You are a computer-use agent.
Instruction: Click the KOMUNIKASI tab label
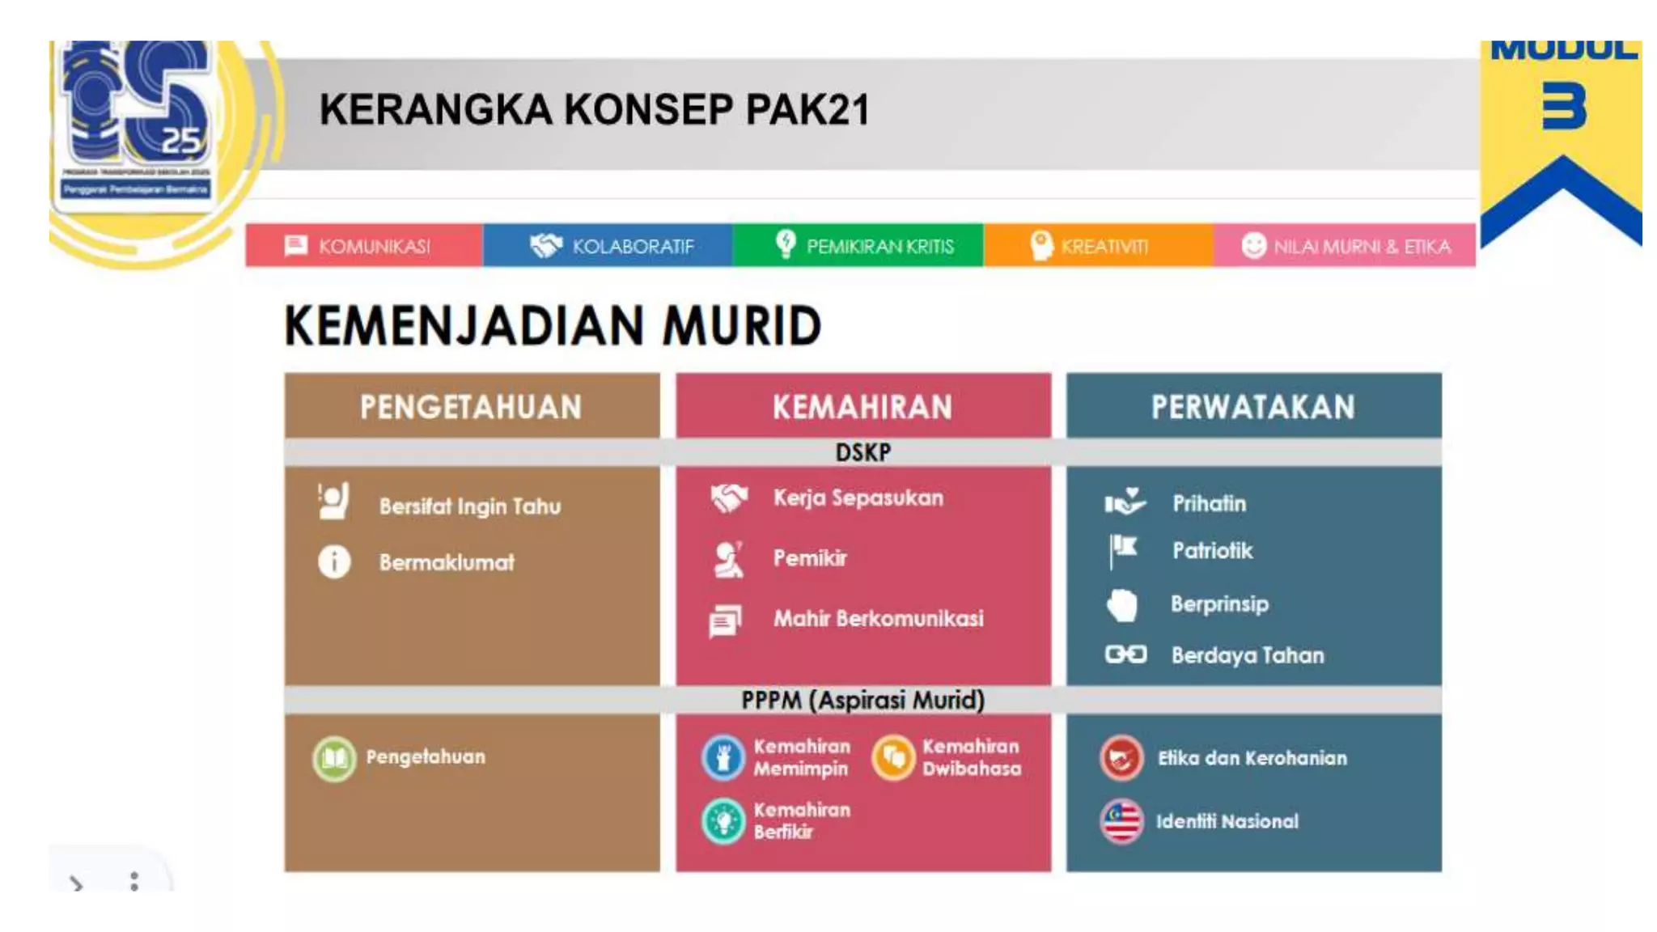click(374, 246)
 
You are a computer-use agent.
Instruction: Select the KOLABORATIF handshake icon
click(546, 245)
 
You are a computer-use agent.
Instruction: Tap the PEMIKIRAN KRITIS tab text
click(880, 246)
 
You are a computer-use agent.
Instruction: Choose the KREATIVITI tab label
click(1104, 246)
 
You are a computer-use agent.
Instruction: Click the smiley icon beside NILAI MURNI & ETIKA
click(1253, 245)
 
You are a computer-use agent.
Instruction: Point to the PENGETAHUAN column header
click(471, 407)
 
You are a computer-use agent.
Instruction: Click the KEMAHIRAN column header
click(862, 407)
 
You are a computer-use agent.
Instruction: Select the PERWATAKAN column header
click(1253, 407)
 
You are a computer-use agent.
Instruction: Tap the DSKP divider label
click(862, 452)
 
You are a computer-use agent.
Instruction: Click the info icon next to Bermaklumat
click(334, 561)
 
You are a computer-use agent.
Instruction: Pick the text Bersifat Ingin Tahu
click(470, 506)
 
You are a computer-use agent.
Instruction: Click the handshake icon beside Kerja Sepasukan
click(729, 498)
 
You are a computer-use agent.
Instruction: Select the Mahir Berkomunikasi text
click(879, 619)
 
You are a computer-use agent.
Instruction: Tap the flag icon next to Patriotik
click(1123, 550)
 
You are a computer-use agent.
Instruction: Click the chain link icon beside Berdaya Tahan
click(1125, 654)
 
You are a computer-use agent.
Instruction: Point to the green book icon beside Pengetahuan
click(334, 758)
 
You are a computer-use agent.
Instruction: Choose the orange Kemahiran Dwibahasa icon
click(893, 757)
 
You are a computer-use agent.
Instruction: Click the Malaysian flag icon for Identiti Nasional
click(1121, 821)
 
